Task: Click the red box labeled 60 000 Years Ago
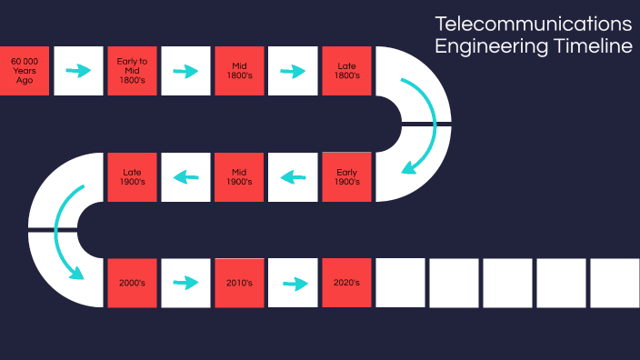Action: click(x=25, y=70)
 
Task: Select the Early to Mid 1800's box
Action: click(x=132, y=70)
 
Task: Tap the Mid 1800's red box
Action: click(x=239, y=70)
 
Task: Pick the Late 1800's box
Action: click(x=346, y=70)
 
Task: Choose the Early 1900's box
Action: click(x=346, y=176)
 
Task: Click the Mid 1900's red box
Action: click(x=239, y=176)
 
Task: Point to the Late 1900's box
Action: click(x=132, y=176)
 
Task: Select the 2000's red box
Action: click(x=132, y=283)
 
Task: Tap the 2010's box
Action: click(x=239, y=283)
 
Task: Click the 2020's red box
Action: click(x=346, y=283)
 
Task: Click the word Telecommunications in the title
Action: click(x=533, y=23)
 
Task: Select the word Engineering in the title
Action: click(x=487, y=46)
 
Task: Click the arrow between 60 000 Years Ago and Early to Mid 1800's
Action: click(x=78, y=70)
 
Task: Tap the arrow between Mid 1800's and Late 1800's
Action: click(x=293, y=70)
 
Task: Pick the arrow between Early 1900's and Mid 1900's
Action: click(x=293, y=176)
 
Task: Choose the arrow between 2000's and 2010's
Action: click(x=185, y=283)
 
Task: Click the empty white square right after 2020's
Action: click(x=400, y=283)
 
